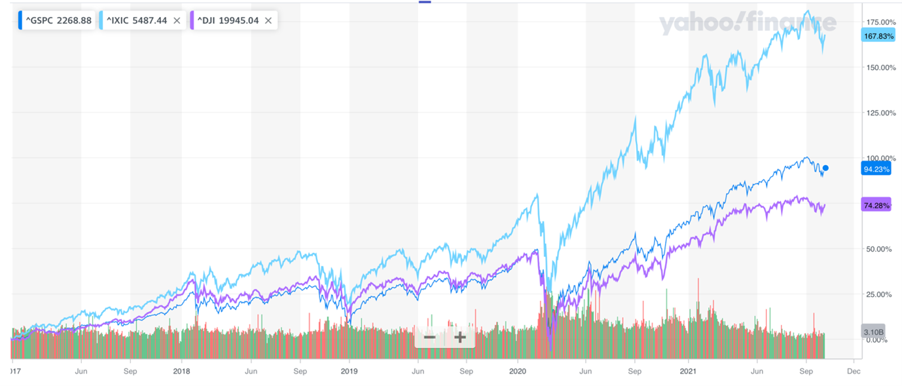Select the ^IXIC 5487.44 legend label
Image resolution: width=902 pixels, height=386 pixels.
[x=136, y=20]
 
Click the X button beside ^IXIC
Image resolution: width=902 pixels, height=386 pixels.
[x=177, y=20]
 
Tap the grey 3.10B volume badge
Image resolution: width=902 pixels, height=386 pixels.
[x=873, y=330]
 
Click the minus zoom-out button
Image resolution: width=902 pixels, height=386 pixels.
[x=429, y=338]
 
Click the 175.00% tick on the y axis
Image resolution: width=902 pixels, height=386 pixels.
[x=879, y=22]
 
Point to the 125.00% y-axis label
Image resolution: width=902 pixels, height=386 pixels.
[x=879, y=113]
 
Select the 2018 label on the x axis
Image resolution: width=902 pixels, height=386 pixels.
[x=181, y=370]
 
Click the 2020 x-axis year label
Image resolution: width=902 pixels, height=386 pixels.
[x=518, y=370]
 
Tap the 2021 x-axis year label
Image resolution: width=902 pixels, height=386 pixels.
[x=687, y=370]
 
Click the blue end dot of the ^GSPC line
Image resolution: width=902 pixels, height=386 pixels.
[x=826, y=168]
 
